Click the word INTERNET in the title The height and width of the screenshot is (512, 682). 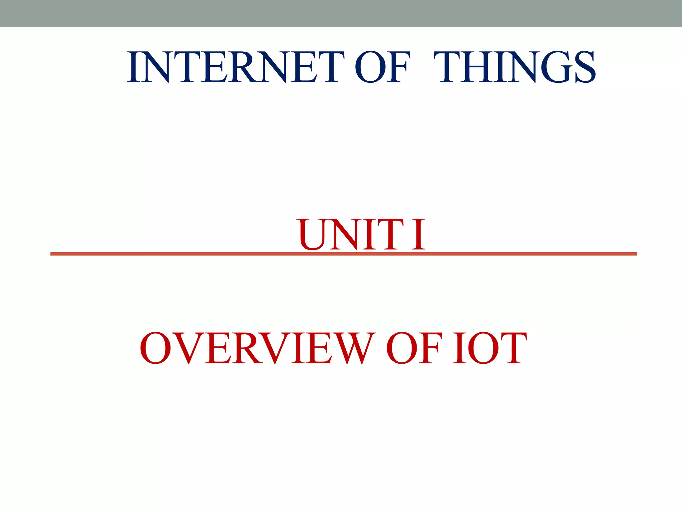[235, 67]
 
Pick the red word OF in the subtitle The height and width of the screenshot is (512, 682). [414, 348]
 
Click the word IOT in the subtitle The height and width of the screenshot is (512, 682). [490, 348]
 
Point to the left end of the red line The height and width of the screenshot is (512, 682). [51, 254]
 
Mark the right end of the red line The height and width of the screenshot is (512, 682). [636, 254]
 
